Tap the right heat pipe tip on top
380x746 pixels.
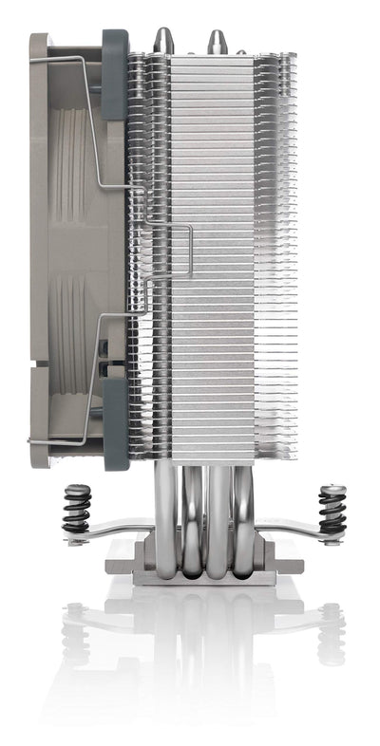pyautogui.click(x=218, y=39)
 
